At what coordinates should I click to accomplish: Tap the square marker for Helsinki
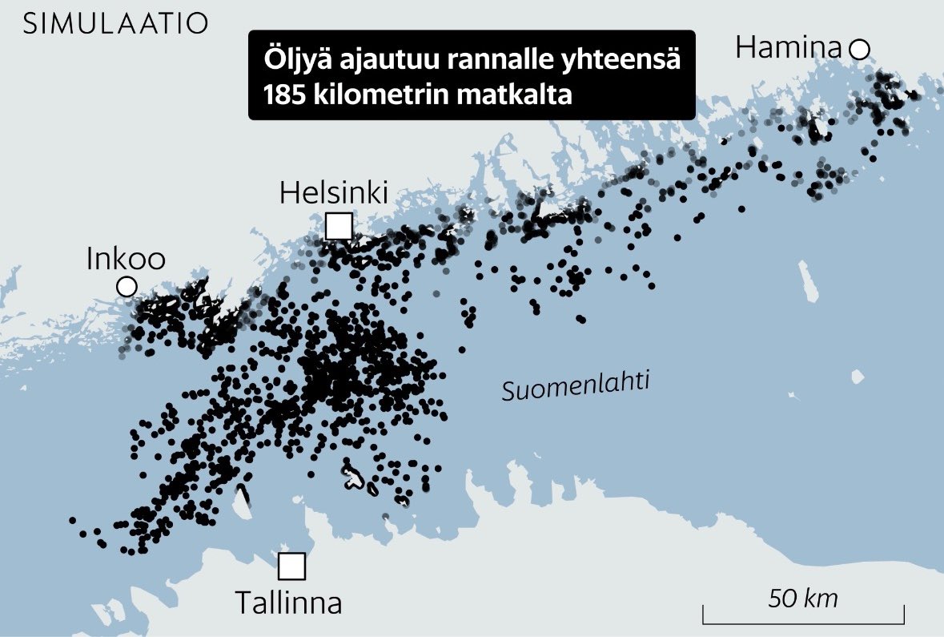click(339, 226)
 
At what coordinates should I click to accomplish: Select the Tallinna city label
click(289, 603)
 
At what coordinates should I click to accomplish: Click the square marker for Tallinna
click(292, 566)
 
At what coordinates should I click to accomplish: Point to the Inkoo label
click(126, 259)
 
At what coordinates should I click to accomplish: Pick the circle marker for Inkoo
click(126, 286)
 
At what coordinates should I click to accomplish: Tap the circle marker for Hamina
click(860, 50)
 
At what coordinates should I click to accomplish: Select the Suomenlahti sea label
click(576, 386)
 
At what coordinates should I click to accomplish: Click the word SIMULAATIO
click(115, 24)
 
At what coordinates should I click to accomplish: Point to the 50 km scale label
click(803, 598)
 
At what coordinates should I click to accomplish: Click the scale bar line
click(803, 620)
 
